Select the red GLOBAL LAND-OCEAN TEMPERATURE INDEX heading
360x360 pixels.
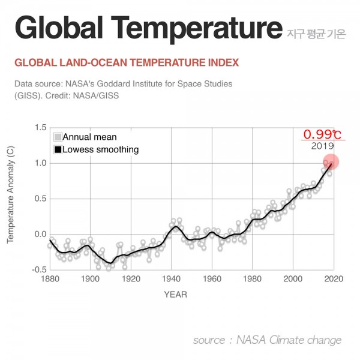coord(126,62)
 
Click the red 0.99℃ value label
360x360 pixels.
coord(322,134)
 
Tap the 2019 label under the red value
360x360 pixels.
coord(322,146)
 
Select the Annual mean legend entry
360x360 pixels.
coord(89,137)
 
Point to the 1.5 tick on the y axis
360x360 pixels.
coord(40,128)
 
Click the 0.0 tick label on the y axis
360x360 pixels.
coord(40,234)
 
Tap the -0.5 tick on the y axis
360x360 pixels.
coord(38,269)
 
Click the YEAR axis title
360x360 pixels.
coord(175,294)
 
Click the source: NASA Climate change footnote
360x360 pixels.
coord(267,340)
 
